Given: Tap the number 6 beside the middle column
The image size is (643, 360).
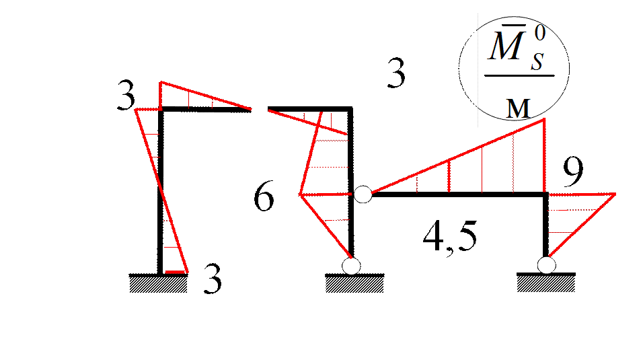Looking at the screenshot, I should click(x=264, y=199).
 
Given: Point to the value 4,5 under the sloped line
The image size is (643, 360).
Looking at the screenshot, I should click(x=451, y=239).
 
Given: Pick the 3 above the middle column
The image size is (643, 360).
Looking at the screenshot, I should click(x=394, y=73).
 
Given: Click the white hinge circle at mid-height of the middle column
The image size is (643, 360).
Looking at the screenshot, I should click(x=363, y=194).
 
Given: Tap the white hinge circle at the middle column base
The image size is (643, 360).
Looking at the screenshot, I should click(x=351, y=266).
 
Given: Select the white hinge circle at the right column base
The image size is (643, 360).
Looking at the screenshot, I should click(x=546, y=266).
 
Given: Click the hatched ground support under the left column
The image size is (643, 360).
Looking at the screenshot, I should click(x=158, y=284).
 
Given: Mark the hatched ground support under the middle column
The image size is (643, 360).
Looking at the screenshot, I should click(x=354, y=284).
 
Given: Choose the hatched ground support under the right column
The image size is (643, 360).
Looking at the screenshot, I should click(x=546, y=284).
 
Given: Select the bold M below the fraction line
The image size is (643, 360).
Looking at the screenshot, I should click(x=517, y=108).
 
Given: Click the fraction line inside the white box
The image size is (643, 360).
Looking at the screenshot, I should click(x=520, y=75).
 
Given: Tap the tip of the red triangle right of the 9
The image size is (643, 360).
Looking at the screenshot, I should click(x=615, y=194).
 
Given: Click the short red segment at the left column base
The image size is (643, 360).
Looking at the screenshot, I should click(x=176, y=272).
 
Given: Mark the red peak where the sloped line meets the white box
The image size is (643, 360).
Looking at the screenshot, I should click(x=543, y=121).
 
